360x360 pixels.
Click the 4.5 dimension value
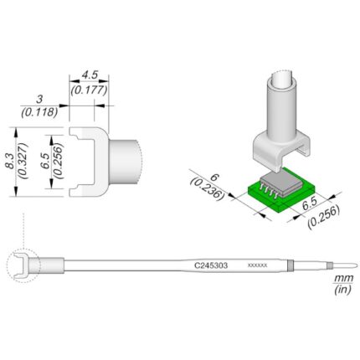tap(89, 75)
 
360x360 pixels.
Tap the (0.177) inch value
tap(89, 90)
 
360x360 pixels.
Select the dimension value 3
tap(39, 99)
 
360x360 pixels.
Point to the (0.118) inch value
tap(39, 112)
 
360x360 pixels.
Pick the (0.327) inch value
tap(23, 161)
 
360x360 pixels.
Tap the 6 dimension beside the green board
tap(214, 177)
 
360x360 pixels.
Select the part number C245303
tap(211, 265)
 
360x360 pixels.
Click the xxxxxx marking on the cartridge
tap(258, 265)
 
